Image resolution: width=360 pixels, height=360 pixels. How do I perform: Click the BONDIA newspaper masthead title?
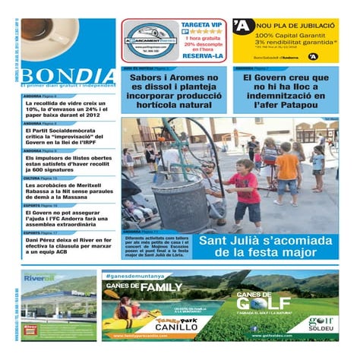[x=68, y=77]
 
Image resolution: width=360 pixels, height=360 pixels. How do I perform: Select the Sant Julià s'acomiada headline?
[x=266, y=246]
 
